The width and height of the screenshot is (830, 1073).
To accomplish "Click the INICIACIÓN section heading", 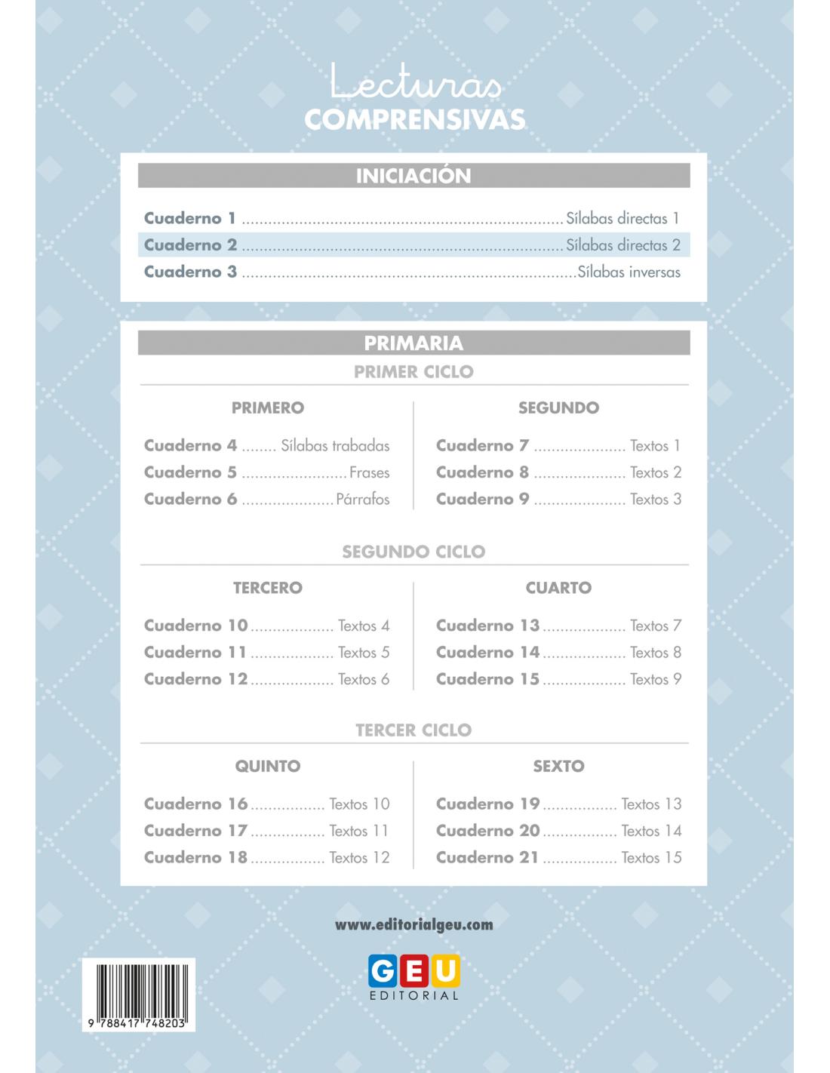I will click(413, 176).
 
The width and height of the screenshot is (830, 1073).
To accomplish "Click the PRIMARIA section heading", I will click(413, 343).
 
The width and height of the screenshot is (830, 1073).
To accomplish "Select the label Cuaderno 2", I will click(190, 245).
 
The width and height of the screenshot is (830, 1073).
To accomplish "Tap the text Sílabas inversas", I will click(629, 272).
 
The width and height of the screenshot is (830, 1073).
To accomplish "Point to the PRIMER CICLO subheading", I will click(413, 371).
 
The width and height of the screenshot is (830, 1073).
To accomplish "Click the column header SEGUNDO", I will click(558, 407).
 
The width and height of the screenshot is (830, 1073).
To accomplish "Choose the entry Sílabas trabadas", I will click(335, 446).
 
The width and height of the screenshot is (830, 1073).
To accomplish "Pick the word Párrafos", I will click(362, 500).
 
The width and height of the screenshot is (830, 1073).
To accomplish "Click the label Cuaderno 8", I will click(482, 472).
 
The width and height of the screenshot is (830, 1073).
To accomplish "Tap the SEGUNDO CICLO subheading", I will click(413, 552).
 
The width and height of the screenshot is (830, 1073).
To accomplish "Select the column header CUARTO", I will click(558, 588).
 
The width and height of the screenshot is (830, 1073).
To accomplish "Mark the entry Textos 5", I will click(363, 653).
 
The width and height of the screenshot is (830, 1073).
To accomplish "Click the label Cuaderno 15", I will click(487, 679).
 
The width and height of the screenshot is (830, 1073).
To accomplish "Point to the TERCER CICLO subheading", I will click(413, 730).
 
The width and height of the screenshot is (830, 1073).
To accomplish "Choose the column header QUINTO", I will click(268, 767).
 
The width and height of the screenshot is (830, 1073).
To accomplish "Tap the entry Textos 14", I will click(651, 831).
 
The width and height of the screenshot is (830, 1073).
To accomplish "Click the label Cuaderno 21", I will click(487, 858).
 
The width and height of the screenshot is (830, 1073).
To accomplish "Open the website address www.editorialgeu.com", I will click(413, 924).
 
